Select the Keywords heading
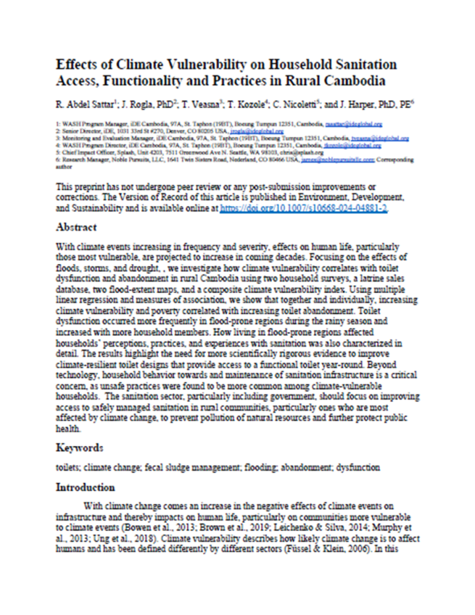click(x=79, y=447)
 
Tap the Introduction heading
click(x=85, y=488)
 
